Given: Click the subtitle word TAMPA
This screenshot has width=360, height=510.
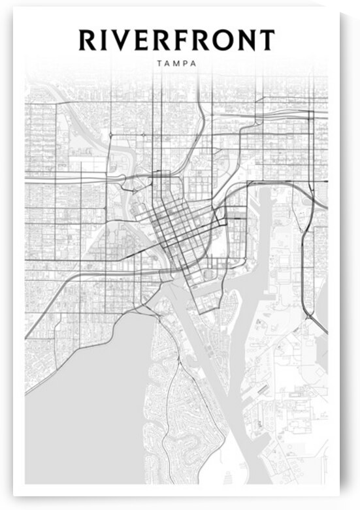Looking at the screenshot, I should tap(176, 64).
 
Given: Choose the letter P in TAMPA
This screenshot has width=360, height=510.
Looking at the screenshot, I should tap(186, 64).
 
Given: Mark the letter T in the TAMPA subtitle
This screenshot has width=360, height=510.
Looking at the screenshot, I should tap(159, 64).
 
